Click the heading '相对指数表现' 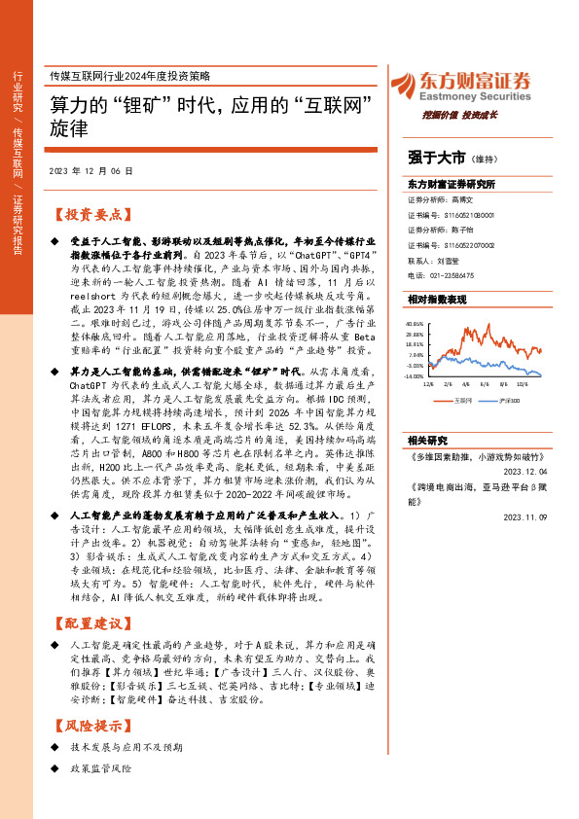(x=437, y=300)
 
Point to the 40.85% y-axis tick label (x=416, y=323)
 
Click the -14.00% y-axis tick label (x=416, y=374)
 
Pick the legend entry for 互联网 (x=463, y=399)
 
